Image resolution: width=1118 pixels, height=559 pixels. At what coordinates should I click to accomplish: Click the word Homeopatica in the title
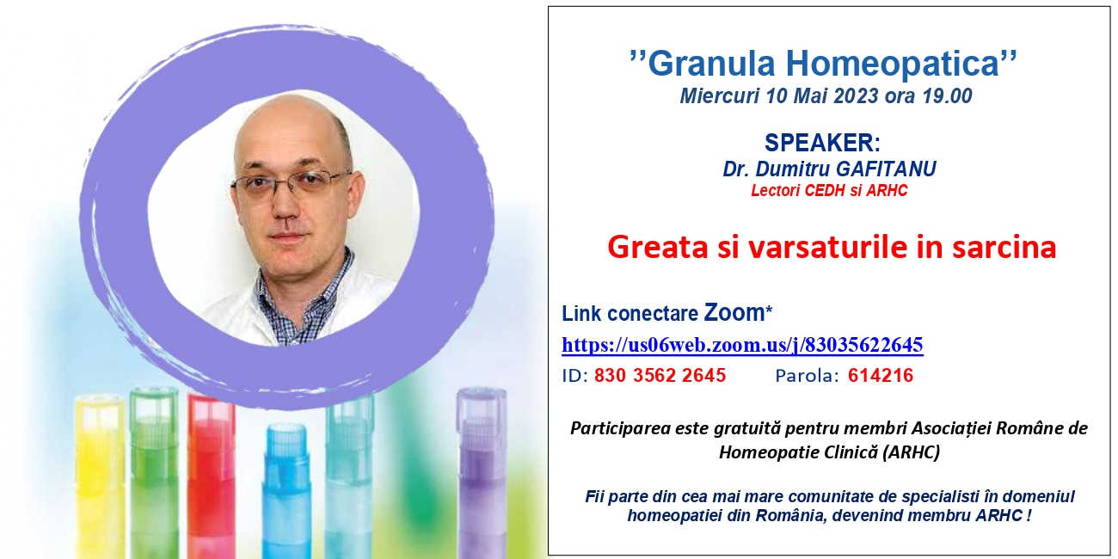tap(893, 64)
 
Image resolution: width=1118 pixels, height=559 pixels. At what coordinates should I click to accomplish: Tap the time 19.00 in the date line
tap(947, 95)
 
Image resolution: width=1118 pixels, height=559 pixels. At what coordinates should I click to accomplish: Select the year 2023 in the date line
tap(856, 95)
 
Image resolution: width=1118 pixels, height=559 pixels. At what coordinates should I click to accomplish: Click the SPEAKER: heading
tap(822, 143)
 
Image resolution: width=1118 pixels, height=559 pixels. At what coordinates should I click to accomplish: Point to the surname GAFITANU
tap(886, 169)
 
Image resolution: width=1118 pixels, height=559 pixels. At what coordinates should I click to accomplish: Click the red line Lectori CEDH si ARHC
tap(829, 191)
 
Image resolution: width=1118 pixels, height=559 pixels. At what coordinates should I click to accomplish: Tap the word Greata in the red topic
tap(658, 247)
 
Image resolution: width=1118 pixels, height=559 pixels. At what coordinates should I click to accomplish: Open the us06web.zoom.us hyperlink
tap(743, 345)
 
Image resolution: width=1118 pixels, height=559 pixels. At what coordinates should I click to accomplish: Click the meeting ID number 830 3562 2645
tap(660, 375)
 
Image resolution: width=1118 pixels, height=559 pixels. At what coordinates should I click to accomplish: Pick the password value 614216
tap(881, 375)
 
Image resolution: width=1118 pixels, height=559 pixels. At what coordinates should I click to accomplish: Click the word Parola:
tap(807, 376)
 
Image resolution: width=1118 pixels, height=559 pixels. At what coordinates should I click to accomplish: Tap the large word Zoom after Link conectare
tap(734, 313)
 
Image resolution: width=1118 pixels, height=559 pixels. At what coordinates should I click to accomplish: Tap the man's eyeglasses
tap(291, 185)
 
